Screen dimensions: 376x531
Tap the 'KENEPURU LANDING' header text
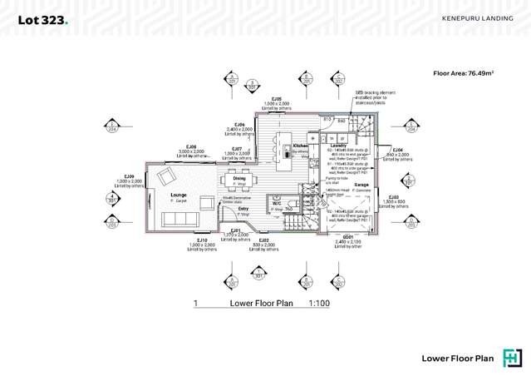point(476,17)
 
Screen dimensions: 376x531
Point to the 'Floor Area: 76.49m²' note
point(463,73)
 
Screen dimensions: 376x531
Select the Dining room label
point(238,178)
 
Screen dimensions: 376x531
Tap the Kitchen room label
point(300,145)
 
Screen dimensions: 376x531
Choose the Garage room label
point(361,185)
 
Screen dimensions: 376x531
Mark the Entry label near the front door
point(243,209)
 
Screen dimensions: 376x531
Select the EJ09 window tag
point(130,176)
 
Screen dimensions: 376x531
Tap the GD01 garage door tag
point(348,236)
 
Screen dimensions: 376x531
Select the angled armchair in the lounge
point(165,176)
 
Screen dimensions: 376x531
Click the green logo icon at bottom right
point(513,358)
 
